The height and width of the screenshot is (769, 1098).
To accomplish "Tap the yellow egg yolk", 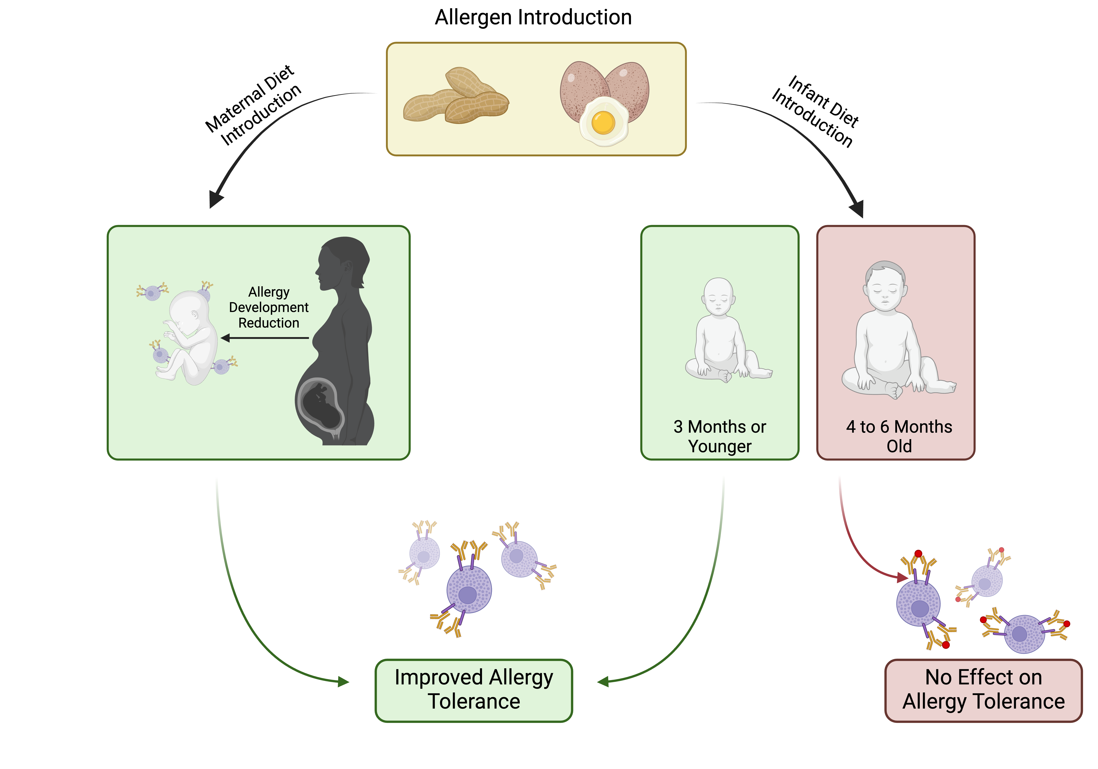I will [603, 122].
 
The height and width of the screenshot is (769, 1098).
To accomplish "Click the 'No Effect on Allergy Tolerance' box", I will [983, 690].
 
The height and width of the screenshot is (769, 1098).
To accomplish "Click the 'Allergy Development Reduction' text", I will [269, 307].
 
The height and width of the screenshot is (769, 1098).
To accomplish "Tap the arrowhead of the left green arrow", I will [343, 681].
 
